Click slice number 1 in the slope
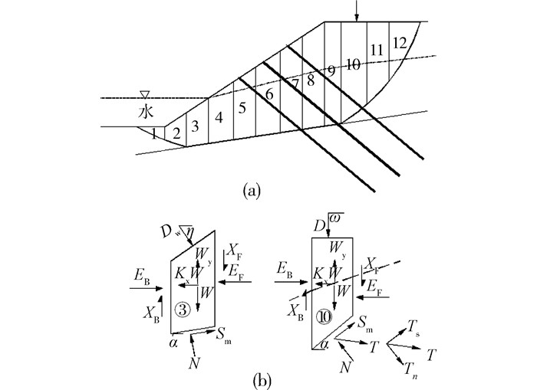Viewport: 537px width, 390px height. pos(154,134)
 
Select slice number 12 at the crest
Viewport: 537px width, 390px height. pos(398,43)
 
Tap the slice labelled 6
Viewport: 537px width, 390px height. pos(268,94)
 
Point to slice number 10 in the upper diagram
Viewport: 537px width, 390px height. pos(352,65)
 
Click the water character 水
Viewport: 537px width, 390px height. pos(146,112)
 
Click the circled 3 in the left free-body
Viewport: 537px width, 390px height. pos(182,310)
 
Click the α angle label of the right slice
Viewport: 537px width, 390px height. pos(326,345)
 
